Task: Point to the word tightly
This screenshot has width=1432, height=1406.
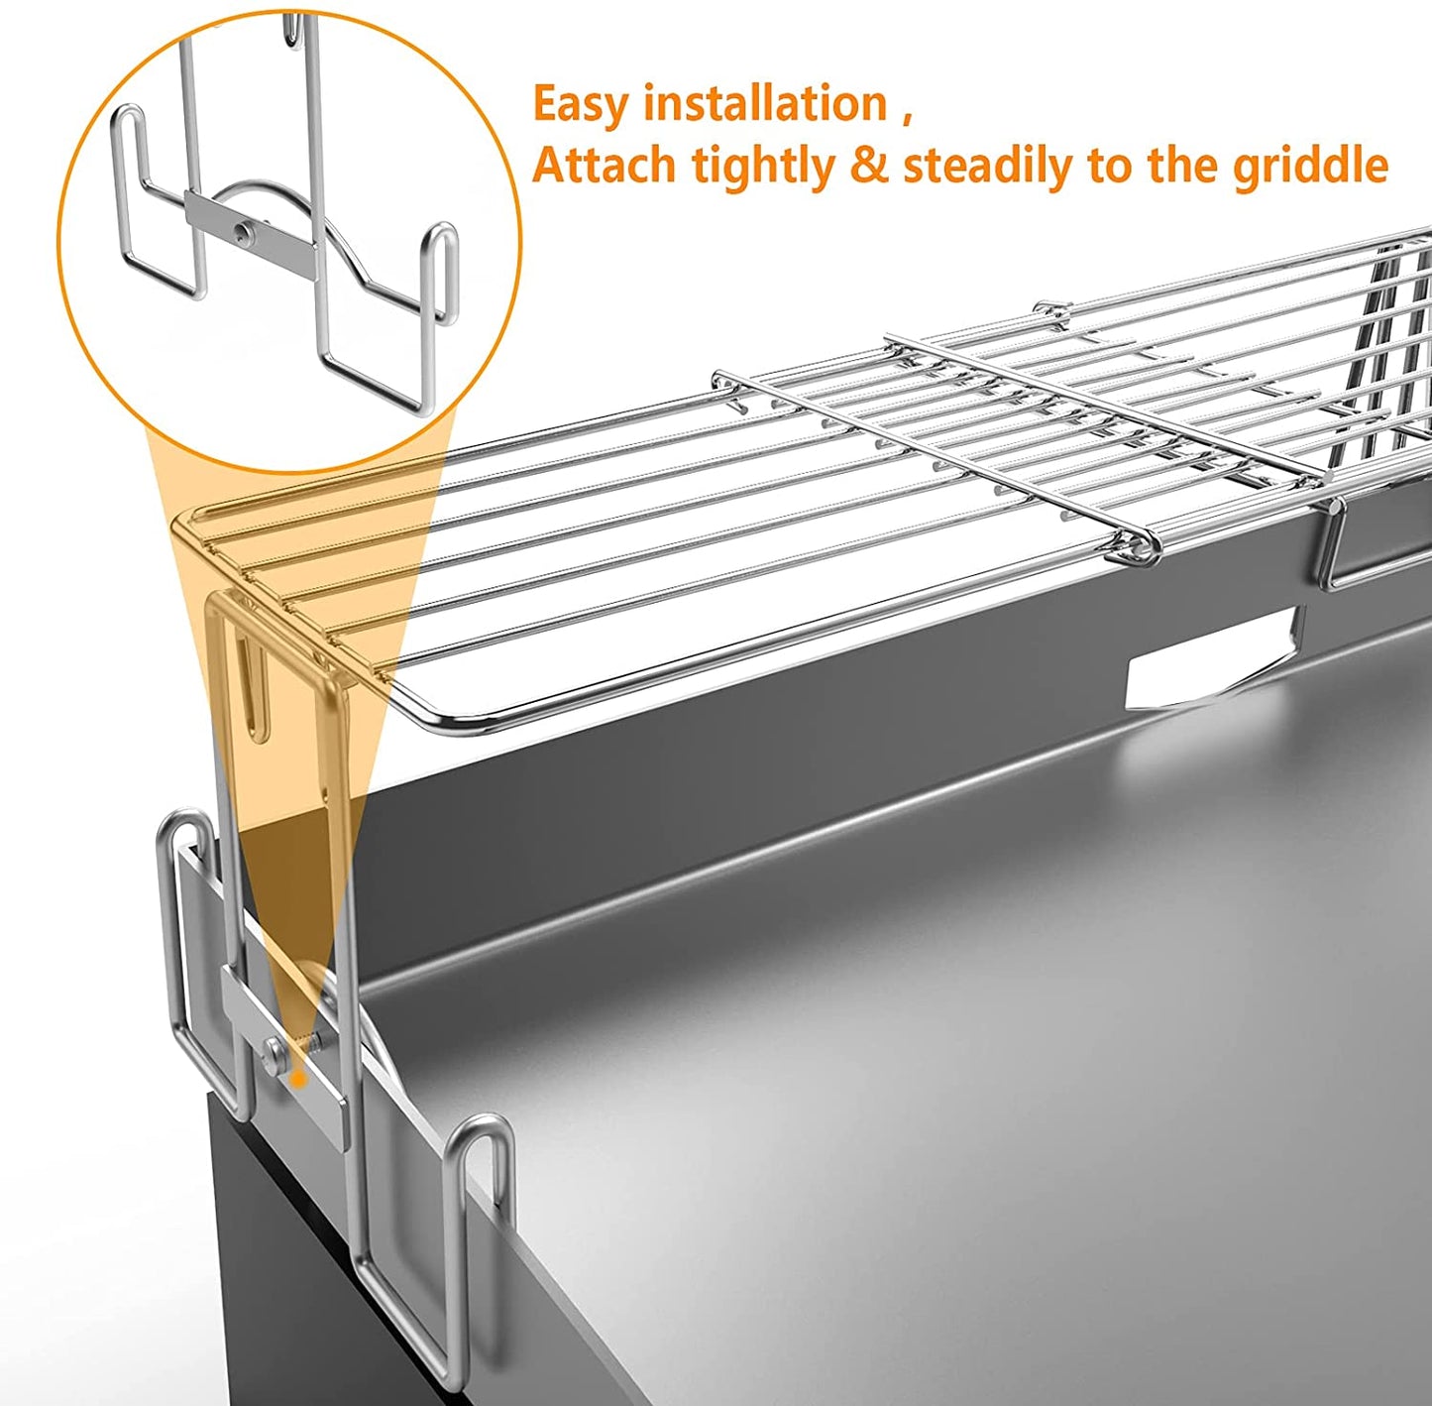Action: (x=763, y=168)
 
